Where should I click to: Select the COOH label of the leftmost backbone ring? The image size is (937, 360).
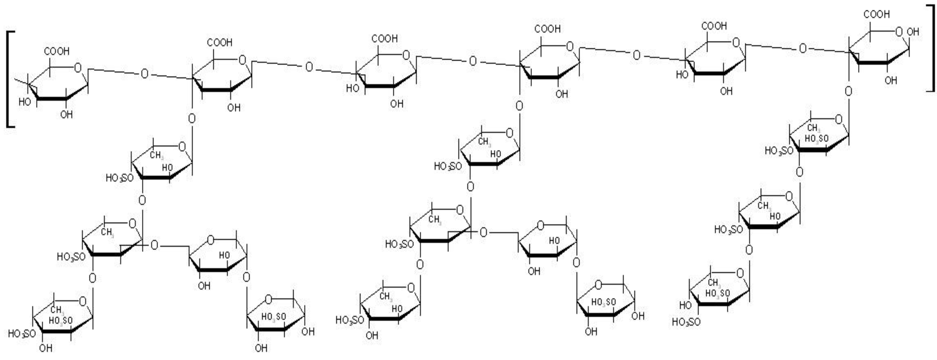57,52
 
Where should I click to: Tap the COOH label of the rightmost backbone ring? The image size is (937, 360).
877,15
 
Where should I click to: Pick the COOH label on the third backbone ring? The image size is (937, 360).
384,39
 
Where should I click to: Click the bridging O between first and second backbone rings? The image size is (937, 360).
144,74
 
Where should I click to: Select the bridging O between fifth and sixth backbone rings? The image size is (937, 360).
802,48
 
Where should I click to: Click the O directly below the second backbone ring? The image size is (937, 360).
192,119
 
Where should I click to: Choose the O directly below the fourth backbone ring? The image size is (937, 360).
519,106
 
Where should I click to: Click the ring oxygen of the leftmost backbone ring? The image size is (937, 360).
77,68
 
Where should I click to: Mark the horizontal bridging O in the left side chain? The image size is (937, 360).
154,245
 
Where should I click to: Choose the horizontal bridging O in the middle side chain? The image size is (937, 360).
483,232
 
